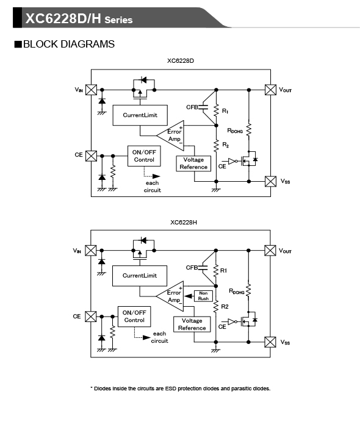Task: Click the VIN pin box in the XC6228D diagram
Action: pos(91,90)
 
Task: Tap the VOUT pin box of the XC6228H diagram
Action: pos(270,251)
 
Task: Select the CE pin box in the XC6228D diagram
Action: pos(91,156)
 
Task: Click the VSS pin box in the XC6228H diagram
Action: pos(270,342)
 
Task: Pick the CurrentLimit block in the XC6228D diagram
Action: pos(140,115)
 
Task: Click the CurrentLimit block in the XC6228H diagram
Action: pos(140,276)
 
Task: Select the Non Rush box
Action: pos(203,296)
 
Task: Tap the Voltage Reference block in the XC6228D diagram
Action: pos(193,163)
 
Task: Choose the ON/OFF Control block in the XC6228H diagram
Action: pos(134,317)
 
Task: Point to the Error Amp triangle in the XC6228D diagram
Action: pos(173,135)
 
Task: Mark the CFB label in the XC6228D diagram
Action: pos(192,107)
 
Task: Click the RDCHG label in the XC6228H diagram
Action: pos(237,291)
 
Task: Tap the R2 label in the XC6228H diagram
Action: pos(225,307)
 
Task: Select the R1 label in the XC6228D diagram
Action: pos(225,111)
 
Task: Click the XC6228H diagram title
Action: pos(184,223)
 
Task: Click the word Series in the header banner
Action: pos(118,20)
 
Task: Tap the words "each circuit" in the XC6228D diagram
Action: pos(153,187)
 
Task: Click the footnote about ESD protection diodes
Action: pos(180,389)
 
